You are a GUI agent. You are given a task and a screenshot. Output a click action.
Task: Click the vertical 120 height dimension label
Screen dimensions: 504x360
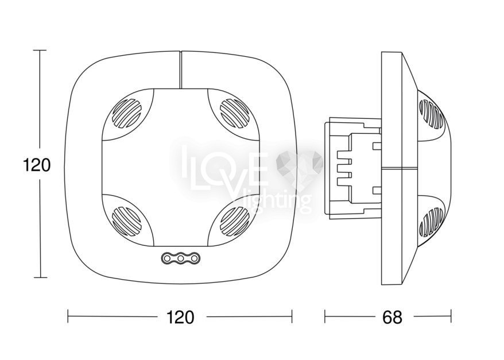37,165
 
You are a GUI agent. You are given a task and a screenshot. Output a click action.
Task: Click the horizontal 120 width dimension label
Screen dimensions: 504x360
180,318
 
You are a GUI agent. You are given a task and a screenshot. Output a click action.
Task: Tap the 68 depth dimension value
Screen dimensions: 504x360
392,318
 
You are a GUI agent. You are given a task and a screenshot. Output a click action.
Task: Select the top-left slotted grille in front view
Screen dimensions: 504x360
126,113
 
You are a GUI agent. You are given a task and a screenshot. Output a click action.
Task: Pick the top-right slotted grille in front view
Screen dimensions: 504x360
235,113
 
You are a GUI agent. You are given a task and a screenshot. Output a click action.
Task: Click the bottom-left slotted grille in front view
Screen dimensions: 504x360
126,221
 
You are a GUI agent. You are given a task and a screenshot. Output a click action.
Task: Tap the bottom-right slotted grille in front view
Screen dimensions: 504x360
235,221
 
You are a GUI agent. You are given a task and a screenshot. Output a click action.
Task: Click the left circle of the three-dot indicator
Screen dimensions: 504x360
167,258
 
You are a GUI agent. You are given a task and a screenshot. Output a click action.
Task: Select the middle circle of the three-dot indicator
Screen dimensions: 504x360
181,258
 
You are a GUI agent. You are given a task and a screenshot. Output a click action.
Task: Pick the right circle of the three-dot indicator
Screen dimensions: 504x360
194,258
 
